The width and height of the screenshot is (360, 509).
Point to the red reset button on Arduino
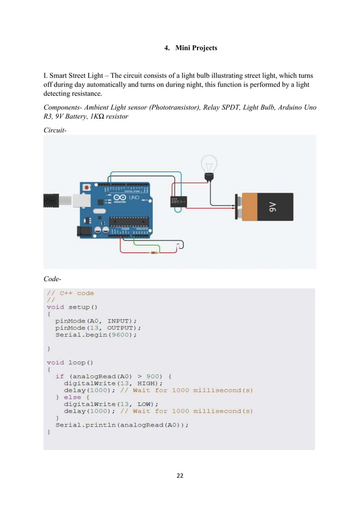click(86, 187)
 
